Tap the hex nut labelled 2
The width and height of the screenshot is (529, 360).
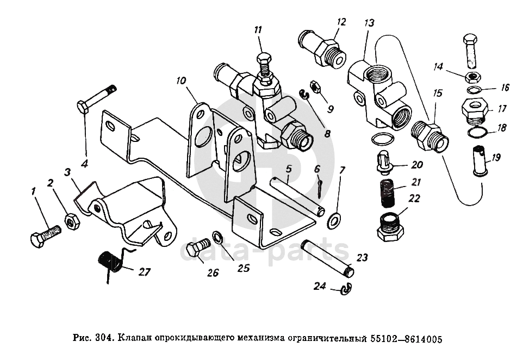coord(72,221)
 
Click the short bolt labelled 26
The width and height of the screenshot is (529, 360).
coord(198,247)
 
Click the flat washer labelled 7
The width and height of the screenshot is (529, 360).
coord(334,220)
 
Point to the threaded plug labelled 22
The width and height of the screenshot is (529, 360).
coord(390,227)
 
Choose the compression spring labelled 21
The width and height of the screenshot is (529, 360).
coord(388,194)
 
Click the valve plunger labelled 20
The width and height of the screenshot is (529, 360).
coord(384,163)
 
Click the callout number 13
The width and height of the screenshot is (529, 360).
coord(369,23)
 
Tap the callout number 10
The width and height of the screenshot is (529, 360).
coord(181,81)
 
